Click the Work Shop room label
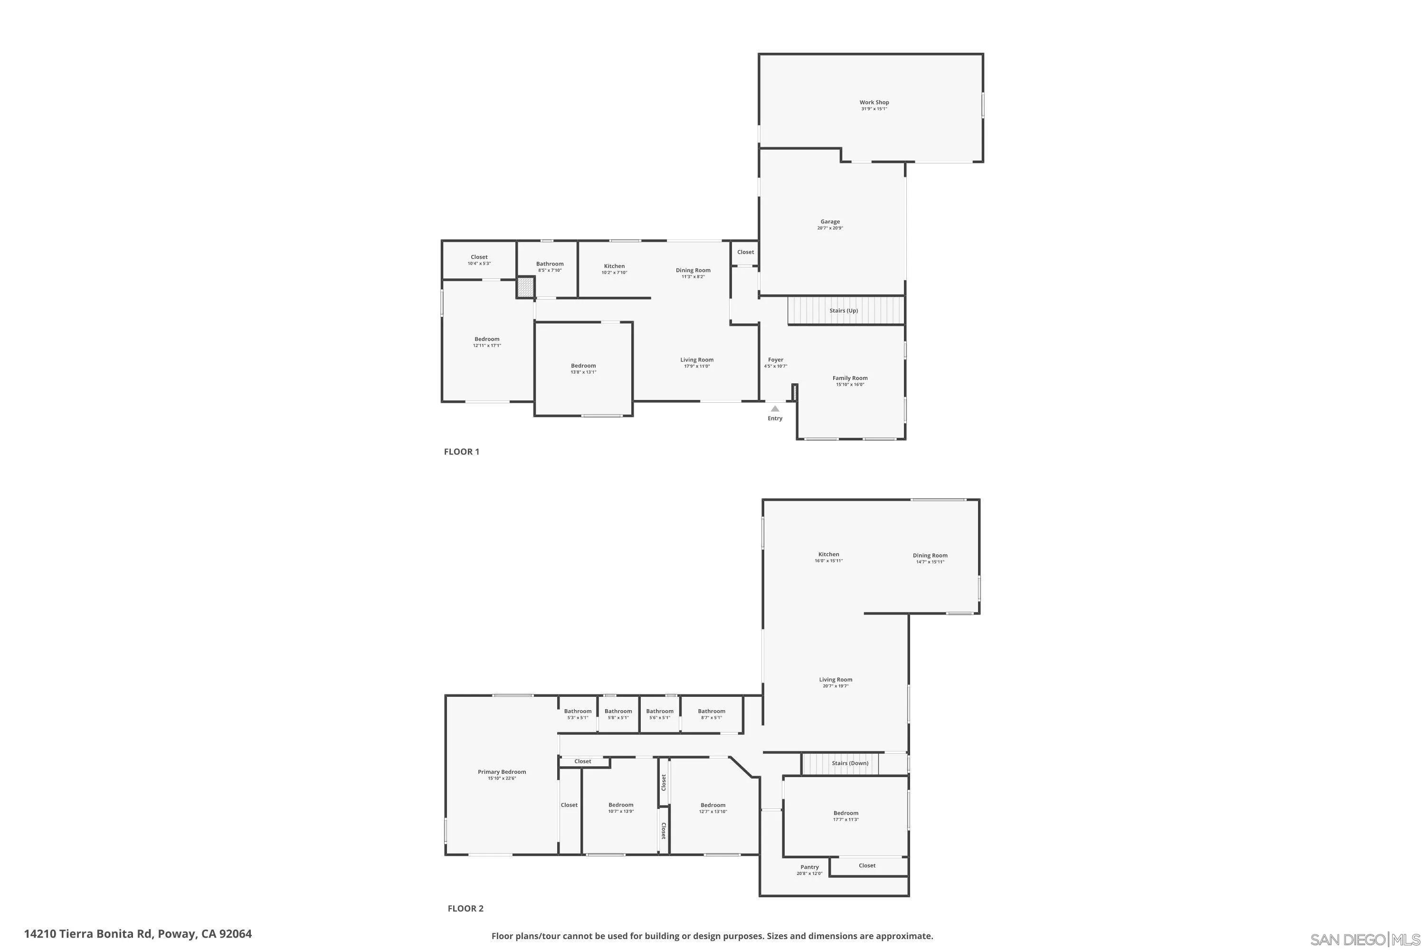874,103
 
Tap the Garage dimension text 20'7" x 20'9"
829,228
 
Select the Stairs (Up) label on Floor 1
844,311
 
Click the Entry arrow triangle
775,409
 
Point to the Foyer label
776,360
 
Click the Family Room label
849,378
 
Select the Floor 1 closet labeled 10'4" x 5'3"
479,260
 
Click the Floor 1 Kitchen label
614,266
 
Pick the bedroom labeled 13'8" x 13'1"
583,369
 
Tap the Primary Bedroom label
502,772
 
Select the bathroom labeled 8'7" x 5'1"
711,714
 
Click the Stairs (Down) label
849,763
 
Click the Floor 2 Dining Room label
930,556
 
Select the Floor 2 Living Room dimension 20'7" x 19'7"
835,686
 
